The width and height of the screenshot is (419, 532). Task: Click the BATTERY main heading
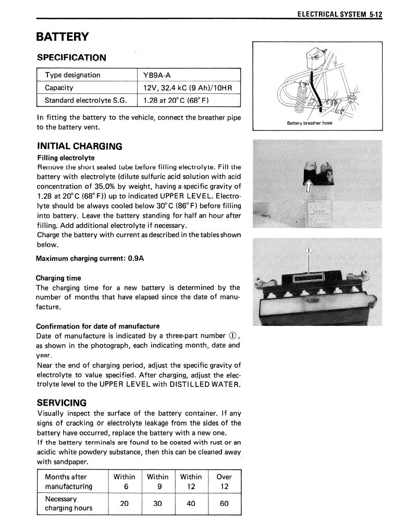[x=62, y=37]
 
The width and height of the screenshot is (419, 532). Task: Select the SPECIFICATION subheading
[x=71, y=57]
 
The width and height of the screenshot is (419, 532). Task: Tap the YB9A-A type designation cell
[x=157, y=75]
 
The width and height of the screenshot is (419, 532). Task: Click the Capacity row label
[x=59, y=88]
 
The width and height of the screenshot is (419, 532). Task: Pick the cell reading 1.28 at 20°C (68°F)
[x=176, y=100]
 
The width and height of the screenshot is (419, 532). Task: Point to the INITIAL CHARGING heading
[x=79, y=146]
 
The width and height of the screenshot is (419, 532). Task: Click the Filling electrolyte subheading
[x=66, y=158]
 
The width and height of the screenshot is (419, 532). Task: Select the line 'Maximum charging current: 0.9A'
[x=90, y=259]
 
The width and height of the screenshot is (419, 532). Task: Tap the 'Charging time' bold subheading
[x=58, y=278]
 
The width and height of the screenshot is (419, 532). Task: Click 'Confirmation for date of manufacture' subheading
[x=98, y=327]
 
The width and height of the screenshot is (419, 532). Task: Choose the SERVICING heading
[x=61, y=403]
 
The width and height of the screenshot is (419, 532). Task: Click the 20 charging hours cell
[x=124, y=504]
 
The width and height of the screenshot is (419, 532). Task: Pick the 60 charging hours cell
[x=224, y=504]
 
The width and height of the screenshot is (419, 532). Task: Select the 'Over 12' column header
[x=224, y=481]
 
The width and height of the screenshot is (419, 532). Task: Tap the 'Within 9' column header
[x=157, y=481]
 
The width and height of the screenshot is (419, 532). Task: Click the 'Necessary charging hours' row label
[x=68, y=503]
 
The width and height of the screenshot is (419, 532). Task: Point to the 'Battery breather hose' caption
[x=310, y=123]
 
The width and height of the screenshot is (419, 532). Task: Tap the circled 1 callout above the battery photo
[x=309, y=250]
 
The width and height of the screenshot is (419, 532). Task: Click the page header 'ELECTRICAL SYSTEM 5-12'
[x=340, y=15]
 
